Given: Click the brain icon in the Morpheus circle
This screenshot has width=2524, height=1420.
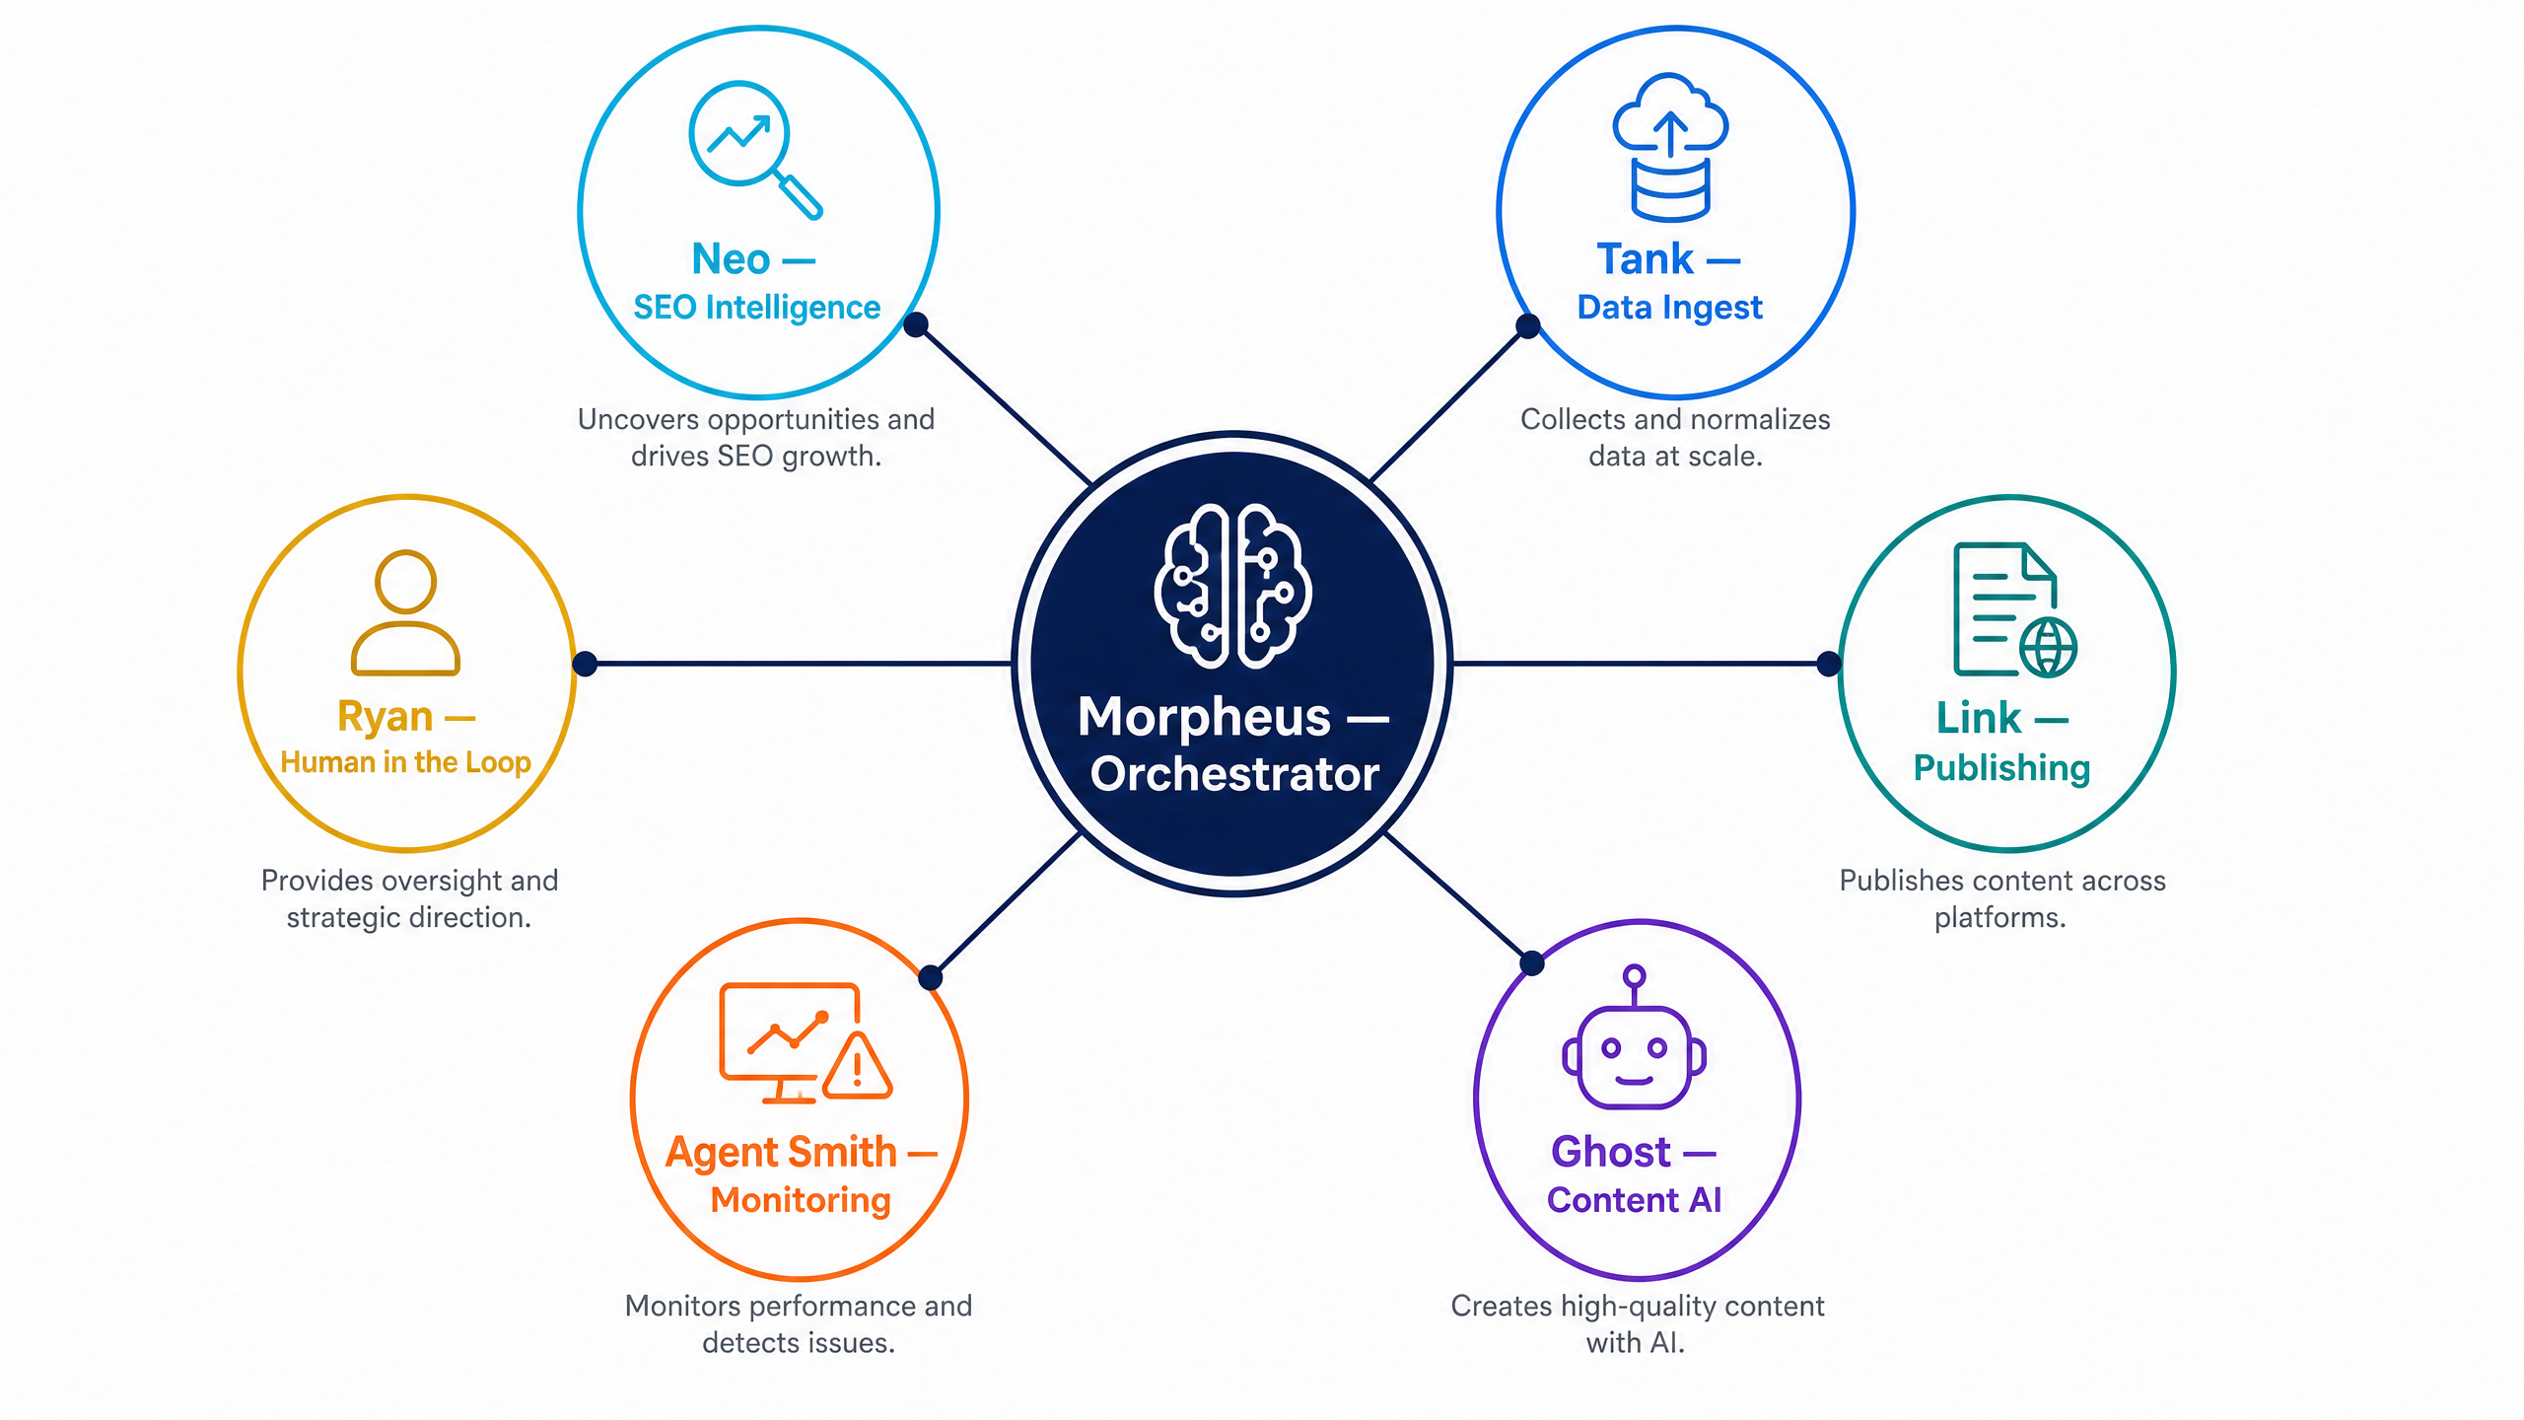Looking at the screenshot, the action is click(x=1232, y=586).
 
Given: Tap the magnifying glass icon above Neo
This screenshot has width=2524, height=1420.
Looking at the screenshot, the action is click(x=754, y=148).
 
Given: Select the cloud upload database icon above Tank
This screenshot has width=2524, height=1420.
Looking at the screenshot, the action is click(x=1670, y=146).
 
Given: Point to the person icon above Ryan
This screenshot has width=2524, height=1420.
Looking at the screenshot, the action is click(x=405, y=611).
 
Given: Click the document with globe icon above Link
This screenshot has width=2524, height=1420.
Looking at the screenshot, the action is click(x=2014, y=609).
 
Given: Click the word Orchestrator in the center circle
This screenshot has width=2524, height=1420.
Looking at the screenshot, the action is click(x=1234, y=774).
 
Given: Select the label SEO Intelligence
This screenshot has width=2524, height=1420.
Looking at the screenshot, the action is click(x=756, y=308).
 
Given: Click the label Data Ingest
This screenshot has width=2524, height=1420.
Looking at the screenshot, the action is click(x=1669, y=308).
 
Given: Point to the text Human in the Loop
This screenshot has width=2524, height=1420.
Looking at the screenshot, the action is click(x=405, y=762).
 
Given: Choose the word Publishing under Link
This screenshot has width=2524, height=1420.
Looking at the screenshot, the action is click(x=2001, y=768).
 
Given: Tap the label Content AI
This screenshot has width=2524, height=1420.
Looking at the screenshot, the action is click(x=1634, y=1200).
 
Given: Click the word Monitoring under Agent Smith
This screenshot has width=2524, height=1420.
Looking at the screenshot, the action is click(x=801, y=1201).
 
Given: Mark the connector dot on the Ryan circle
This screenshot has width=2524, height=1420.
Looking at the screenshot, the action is click(x=585, y=664).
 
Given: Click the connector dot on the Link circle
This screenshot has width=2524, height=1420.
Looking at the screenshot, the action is click(x=1829, y=664).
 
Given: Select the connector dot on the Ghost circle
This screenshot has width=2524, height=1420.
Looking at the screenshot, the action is click(x=1532, y=963).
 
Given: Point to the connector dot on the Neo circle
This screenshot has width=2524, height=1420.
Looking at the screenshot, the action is click(x=916, y=324).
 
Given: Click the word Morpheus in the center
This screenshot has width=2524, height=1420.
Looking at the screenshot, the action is click(x=1204, y=718).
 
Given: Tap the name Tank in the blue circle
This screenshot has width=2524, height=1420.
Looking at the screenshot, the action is click(x=1645, y=259).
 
